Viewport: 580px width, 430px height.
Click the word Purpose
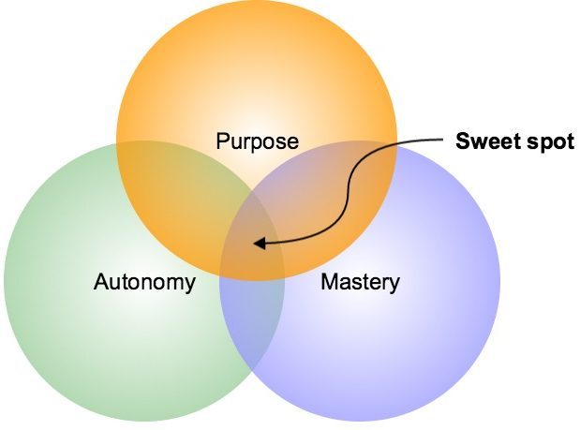257,141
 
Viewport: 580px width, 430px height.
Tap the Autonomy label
145,282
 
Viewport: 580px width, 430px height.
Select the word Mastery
360,281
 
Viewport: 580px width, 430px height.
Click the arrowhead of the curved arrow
260,245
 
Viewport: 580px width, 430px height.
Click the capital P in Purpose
222,141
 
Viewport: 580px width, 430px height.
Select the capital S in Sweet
462,141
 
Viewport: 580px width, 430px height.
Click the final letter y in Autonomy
190,284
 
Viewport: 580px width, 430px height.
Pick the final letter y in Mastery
394,284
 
